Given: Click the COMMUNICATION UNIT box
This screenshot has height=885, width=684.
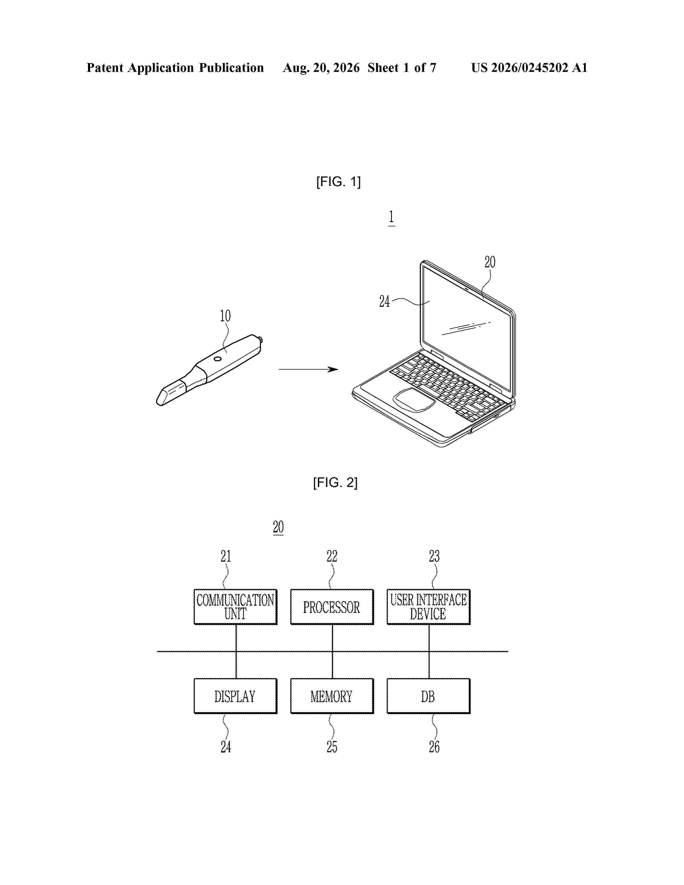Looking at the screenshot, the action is [x=236, y=607].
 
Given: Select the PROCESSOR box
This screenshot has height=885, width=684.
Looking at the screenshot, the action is [x=332, y=607].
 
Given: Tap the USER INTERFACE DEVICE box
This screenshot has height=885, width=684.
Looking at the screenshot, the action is [x=428, y=607].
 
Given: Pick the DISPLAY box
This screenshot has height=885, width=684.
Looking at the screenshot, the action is [x=236, y=696].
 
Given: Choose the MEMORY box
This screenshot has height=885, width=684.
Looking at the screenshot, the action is [x=332, y=696].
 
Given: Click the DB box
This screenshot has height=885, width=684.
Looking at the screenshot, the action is [x=428, y=696].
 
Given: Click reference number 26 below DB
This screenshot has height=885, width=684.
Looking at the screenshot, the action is [x=434, y=747].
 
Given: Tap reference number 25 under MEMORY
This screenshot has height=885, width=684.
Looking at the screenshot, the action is [x=332, y=747].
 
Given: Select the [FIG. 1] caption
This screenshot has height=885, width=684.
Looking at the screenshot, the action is [x=338, y=182].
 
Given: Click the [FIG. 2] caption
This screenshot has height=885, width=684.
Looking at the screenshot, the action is [x=335, y=483].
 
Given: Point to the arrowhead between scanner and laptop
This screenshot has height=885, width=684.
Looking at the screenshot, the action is [x=333, y=369].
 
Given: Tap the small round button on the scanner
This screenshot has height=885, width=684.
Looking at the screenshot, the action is [x=218, y=359].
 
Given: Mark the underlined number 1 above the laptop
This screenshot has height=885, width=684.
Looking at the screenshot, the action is [x=391, y=217].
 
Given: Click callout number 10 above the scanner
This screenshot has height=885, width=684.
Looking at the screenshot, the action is [x=225, y=316].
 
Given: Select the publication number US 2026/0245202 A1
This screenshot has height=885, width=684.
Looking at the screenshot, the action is [x=529, y=68].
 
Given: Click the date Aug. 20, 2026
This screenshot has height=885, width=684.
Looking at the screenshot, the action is [x=321, y=68].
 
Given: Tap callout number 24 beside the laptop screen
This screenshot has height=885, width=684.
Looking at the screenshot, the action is [x=384, y=301].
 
